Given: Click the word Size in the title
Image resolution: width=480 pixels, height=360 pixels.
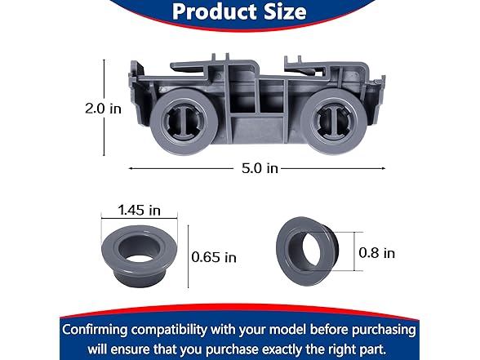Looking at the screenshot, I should coord(281,12).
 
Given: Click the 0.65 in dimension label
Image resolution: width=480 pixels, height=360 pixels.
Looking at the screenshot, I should coord(214,257).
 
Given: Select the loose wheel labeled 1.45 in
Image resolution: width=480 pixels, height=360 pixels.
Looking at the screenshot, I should coord(138,251).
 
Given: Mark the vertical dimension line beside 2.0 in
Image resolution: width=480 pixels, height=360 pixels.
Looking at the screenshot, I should coord(104,108).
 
